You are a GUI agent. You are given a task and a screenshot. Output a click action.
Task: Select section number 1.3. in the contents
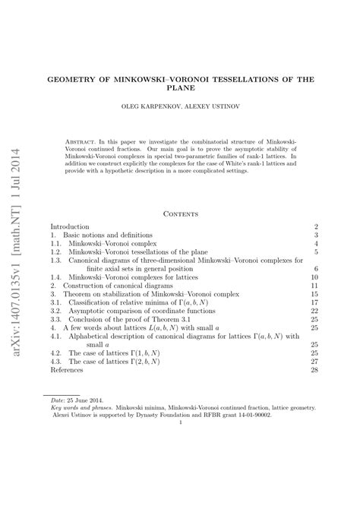[56, 260]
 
